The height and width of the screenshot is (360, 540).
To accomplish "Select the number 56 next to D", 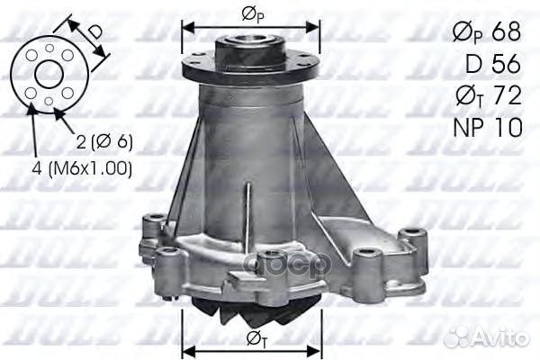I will click(x=505, y=63).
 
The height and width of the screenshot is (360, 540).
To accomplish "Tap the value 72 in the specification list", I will click(x=505, y=95).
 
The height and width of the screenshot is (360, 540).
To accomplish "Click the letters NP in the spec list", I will click(x=466, y=128).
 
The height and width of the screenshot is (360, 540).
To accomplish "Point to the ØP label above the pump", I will click(x=251, y=13).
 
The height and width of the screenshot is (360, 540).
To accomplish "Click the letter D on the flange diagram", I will click(x=94, y=33).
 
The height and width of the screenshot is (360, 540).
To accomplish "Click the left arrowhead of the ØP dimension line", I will click(x=187, y=24).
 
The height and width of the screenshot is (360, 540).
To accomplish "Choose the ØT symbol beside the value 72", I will click(x=466, y=96).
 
